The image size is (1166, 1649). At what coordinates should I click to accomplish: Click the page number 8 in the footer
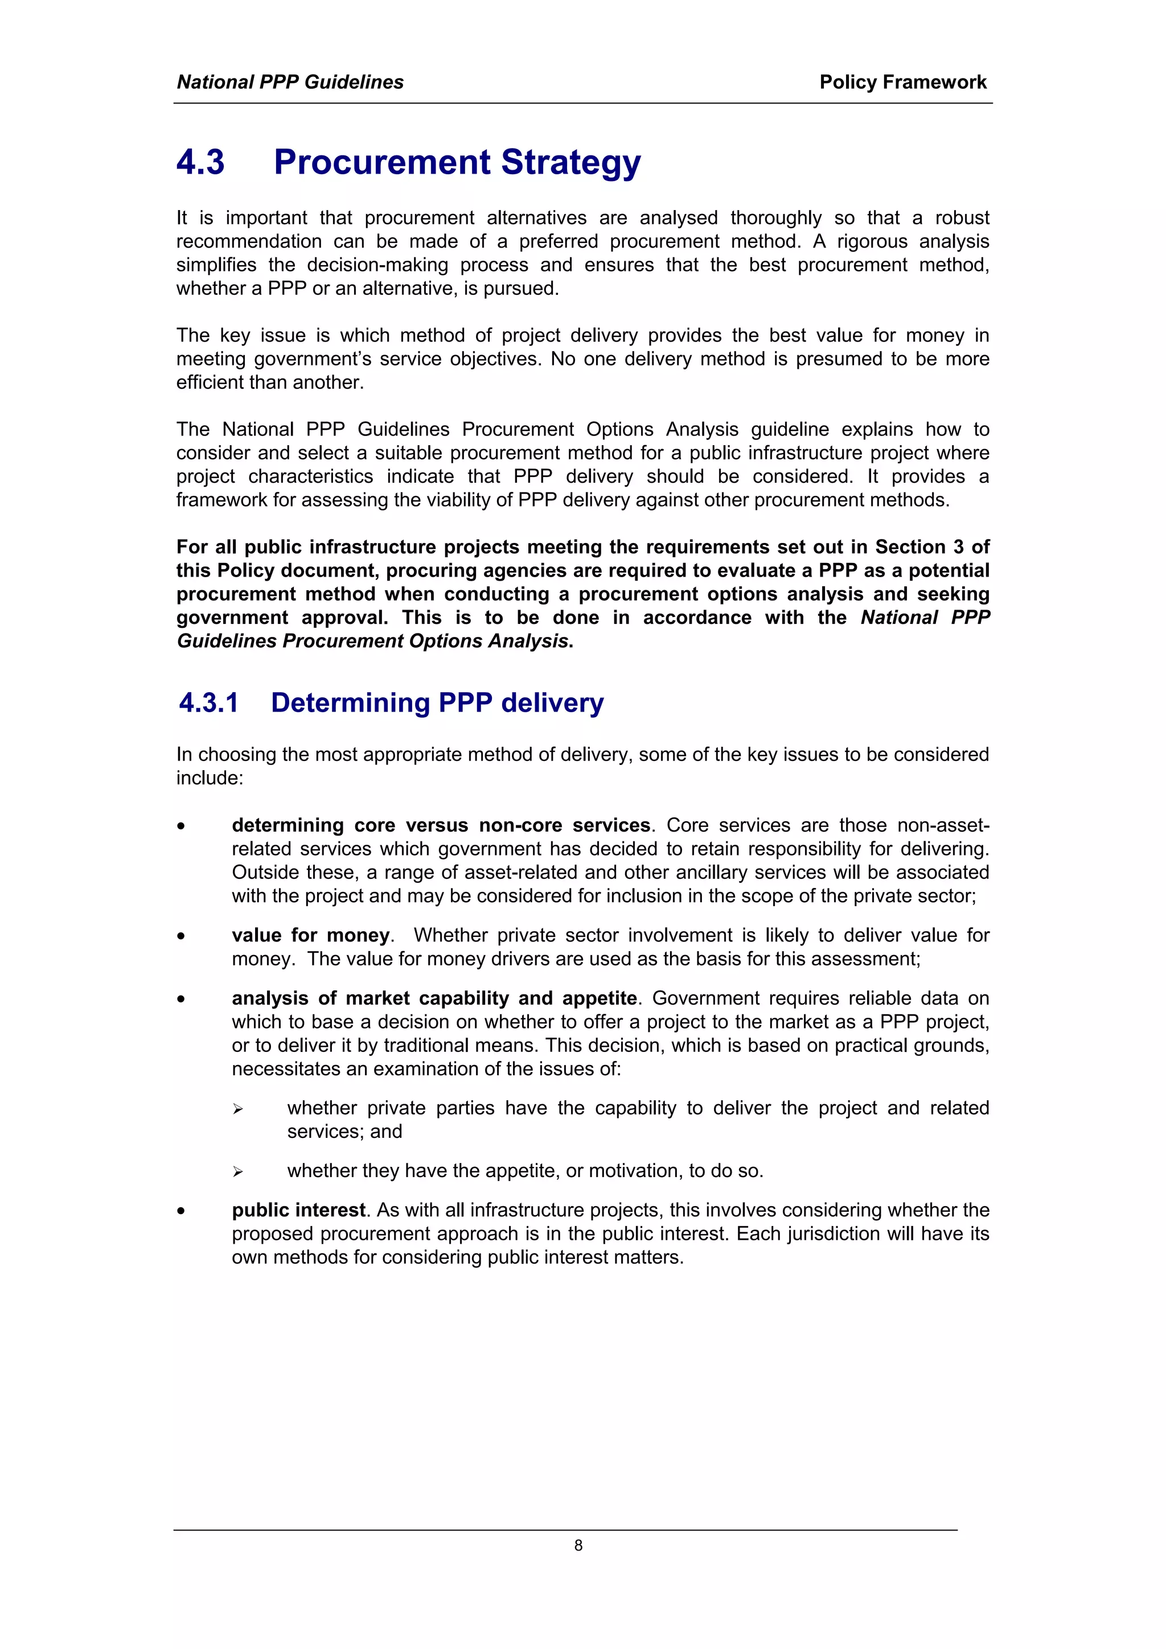[578, 1545]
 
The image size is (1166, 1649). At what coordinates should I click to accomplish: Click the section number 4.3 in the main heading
[200, 162]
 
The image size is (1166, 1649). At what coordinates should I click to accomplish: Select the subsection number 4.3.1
[208, 702]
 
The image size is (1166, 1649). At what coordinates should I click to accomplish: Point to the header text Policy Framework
[902, 82]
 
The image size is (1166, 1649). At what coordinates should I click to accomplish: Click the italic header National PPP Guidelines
[290, 82]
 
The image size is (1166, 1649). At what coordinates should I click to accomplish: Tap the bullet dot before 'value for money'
[182, 936]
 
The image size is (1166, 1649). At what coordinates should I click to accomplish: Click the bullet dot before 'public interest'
[182, 1211]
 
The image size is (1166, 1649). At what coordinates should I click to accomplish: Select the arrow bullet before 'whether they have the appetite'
[238, 1171]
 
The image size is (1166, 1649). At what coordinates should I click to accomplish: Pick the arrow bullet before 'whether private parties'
[238, 1109]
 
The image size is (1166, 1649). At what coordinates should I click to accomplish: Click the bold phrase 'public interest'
[298, 1210]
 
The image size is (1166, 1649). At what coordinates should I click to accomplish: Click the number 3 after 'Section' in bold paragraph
[958, 546]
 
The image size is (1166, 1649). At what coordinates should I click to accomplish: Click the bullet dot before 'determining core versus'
[182, 826]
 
